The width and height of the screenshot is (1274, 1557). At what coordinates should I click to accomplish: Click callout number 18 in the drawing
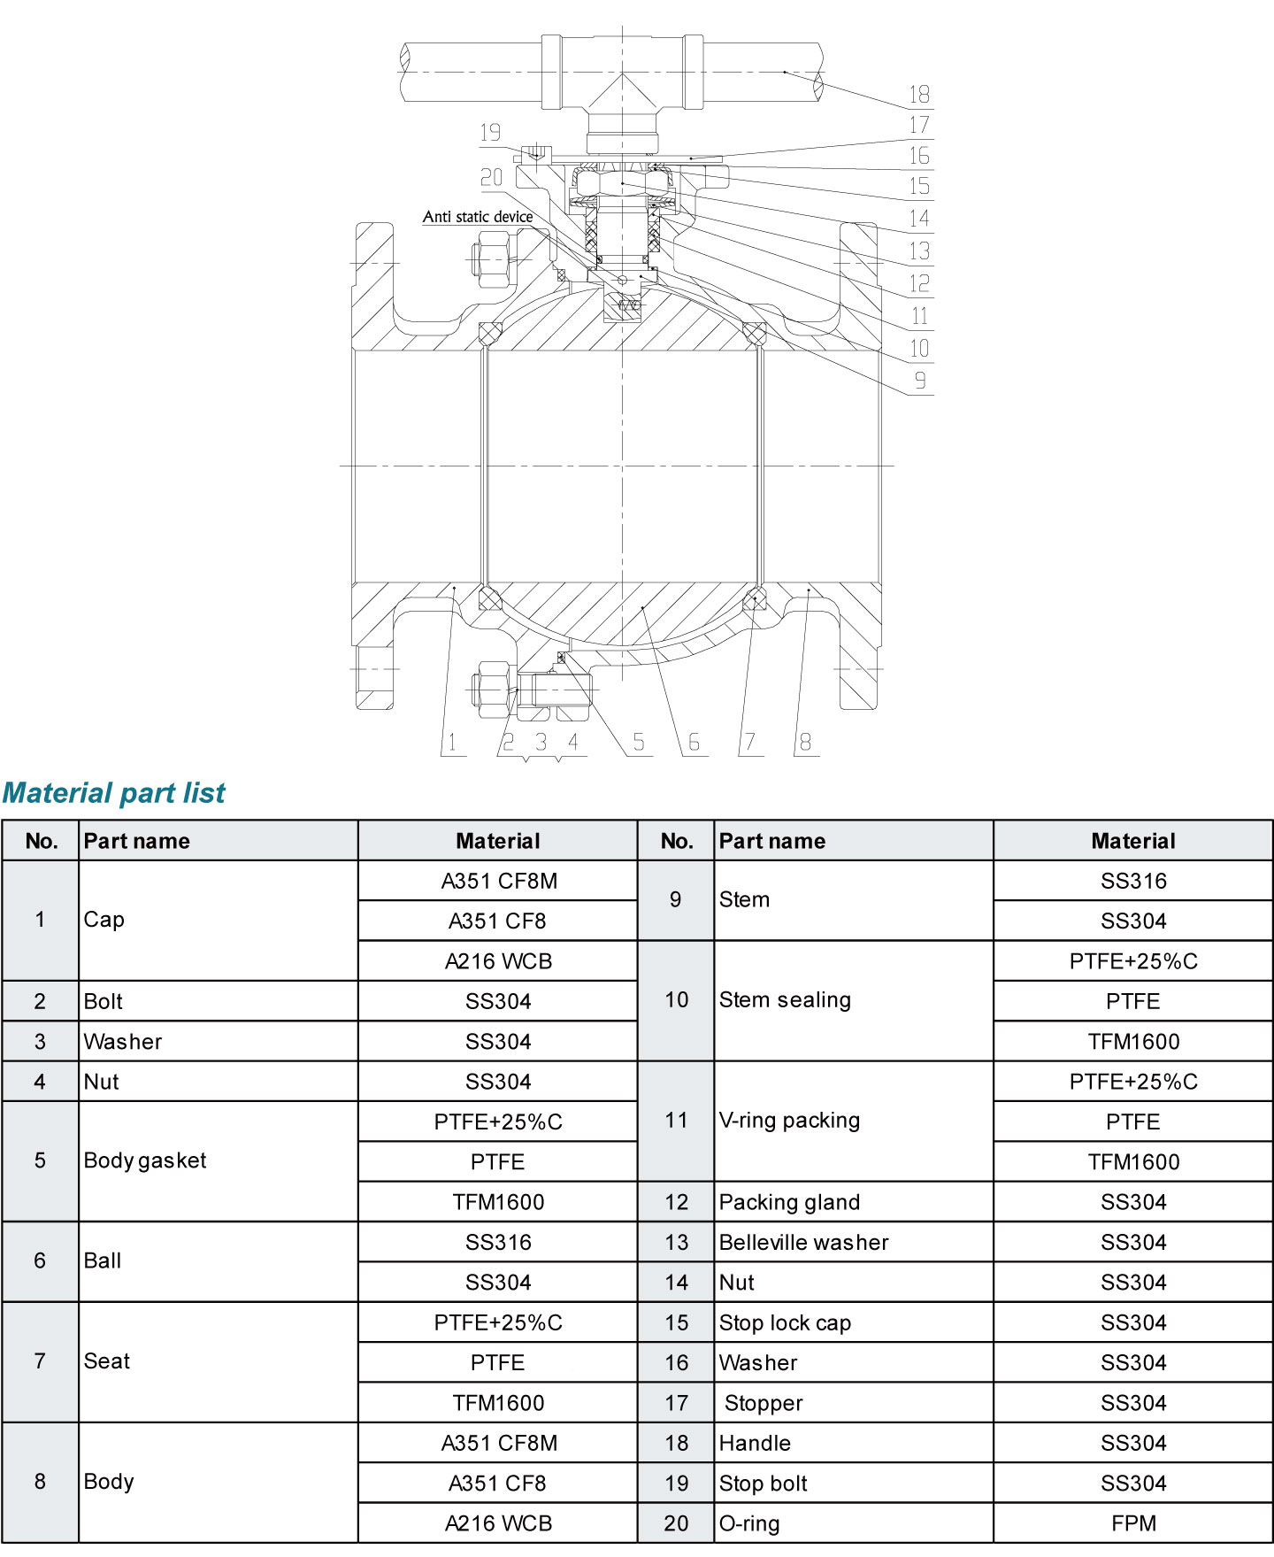(919, 94)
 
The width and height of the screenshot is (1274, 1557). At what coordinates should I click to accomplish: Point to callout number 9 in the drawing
(920, 381)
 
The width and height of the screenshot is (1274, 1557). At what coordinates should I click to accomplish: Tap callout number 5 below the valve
(639, 742)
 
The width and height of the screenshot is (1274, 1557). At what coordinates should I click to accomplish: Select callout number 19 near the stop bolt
(490, 133)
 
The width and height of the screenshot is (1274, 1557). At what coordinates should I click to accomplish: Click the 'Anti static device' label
(478, 217)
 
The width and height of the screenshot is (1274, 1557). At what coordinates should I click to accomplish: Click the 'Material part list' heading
(114, 792)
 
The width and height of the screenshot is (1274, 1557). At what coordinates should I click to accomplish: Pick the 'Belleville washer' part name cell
(803, 1242)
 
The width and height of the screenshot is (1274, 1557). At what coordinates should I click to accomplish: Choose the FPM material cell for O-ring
(1133, 1523)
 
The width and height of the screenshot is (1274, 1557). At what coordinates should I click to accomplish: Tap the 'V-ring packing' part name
(789, 1121)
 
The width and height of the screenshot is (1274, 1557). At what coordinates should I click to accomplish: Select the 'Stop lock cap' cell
(785, 1322)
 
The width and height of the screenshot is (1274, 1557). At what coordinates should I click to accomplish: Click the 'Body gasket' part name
(145, 1160)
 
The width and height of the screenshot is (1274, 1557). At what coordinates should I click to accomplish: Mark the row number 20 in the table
(676, 1523)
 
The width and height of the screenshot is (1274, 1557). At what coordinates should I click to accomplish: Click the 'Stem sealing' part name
(785, 1000)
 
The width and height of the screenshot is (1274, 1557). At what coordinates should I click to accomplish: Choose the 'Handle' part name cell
(755, 1443)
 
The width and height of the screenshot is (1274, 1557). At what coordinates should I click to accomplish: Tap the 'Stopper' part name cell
(764, 1403)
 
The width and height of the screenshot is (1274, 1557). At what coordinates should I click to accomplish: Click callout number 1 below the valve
(452, 742)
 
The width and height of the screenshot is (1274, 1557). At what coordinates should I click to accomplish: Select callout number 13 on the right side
(920, 251)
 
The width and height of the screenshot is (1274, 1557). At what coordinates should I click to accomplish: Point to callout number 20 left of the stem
(492, 178)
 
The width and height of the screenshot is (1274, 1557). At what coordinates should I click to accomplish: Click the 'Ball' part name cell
(103, 1260)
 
